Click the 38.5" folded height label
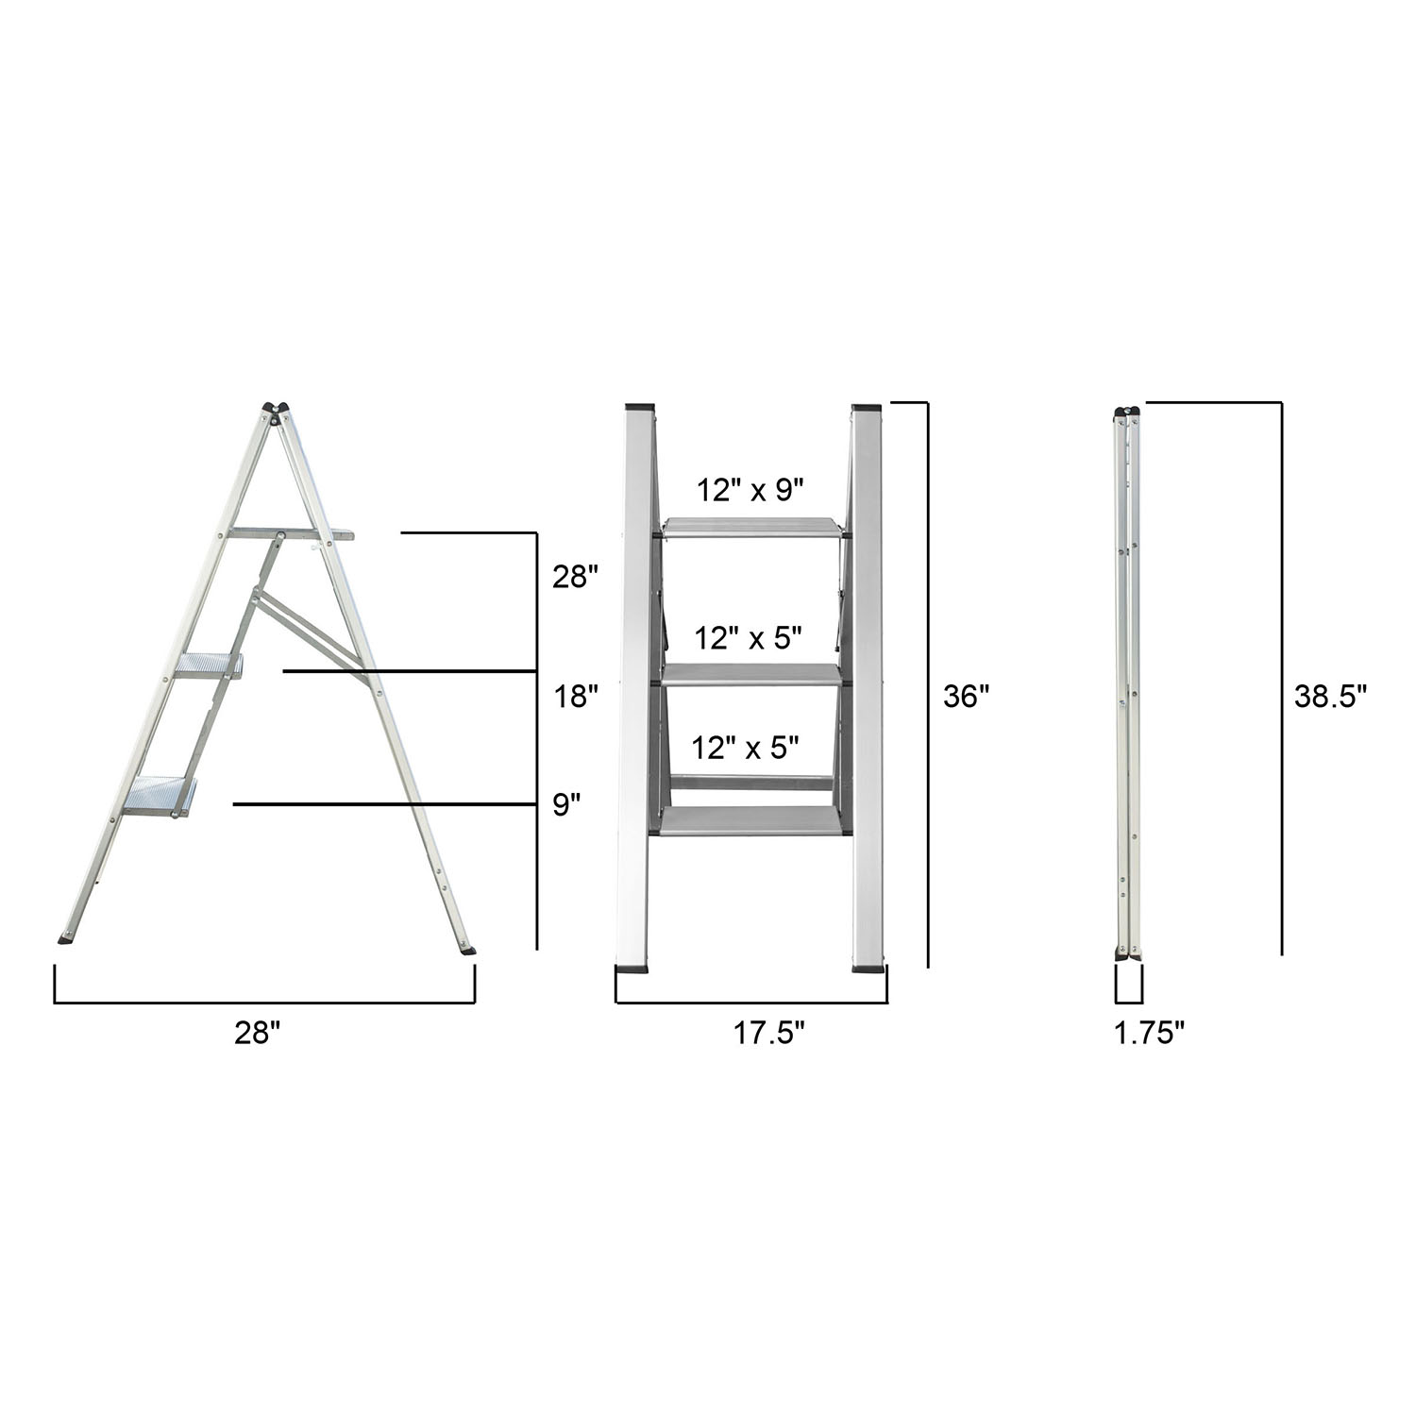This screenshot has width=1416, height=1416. [x=1331, y=697]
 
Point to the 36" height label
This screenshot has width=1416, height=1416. [x=966, y=697]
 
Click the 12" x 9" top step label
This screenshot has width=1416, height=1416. [x=750, y=490]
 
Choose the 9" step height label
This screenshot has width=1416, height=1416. [x=566, y=805]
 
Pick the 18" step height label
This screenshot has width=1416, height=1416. [x=576, y=697]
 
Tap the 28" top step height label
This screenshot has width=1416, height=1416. [x=576, y=577]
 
